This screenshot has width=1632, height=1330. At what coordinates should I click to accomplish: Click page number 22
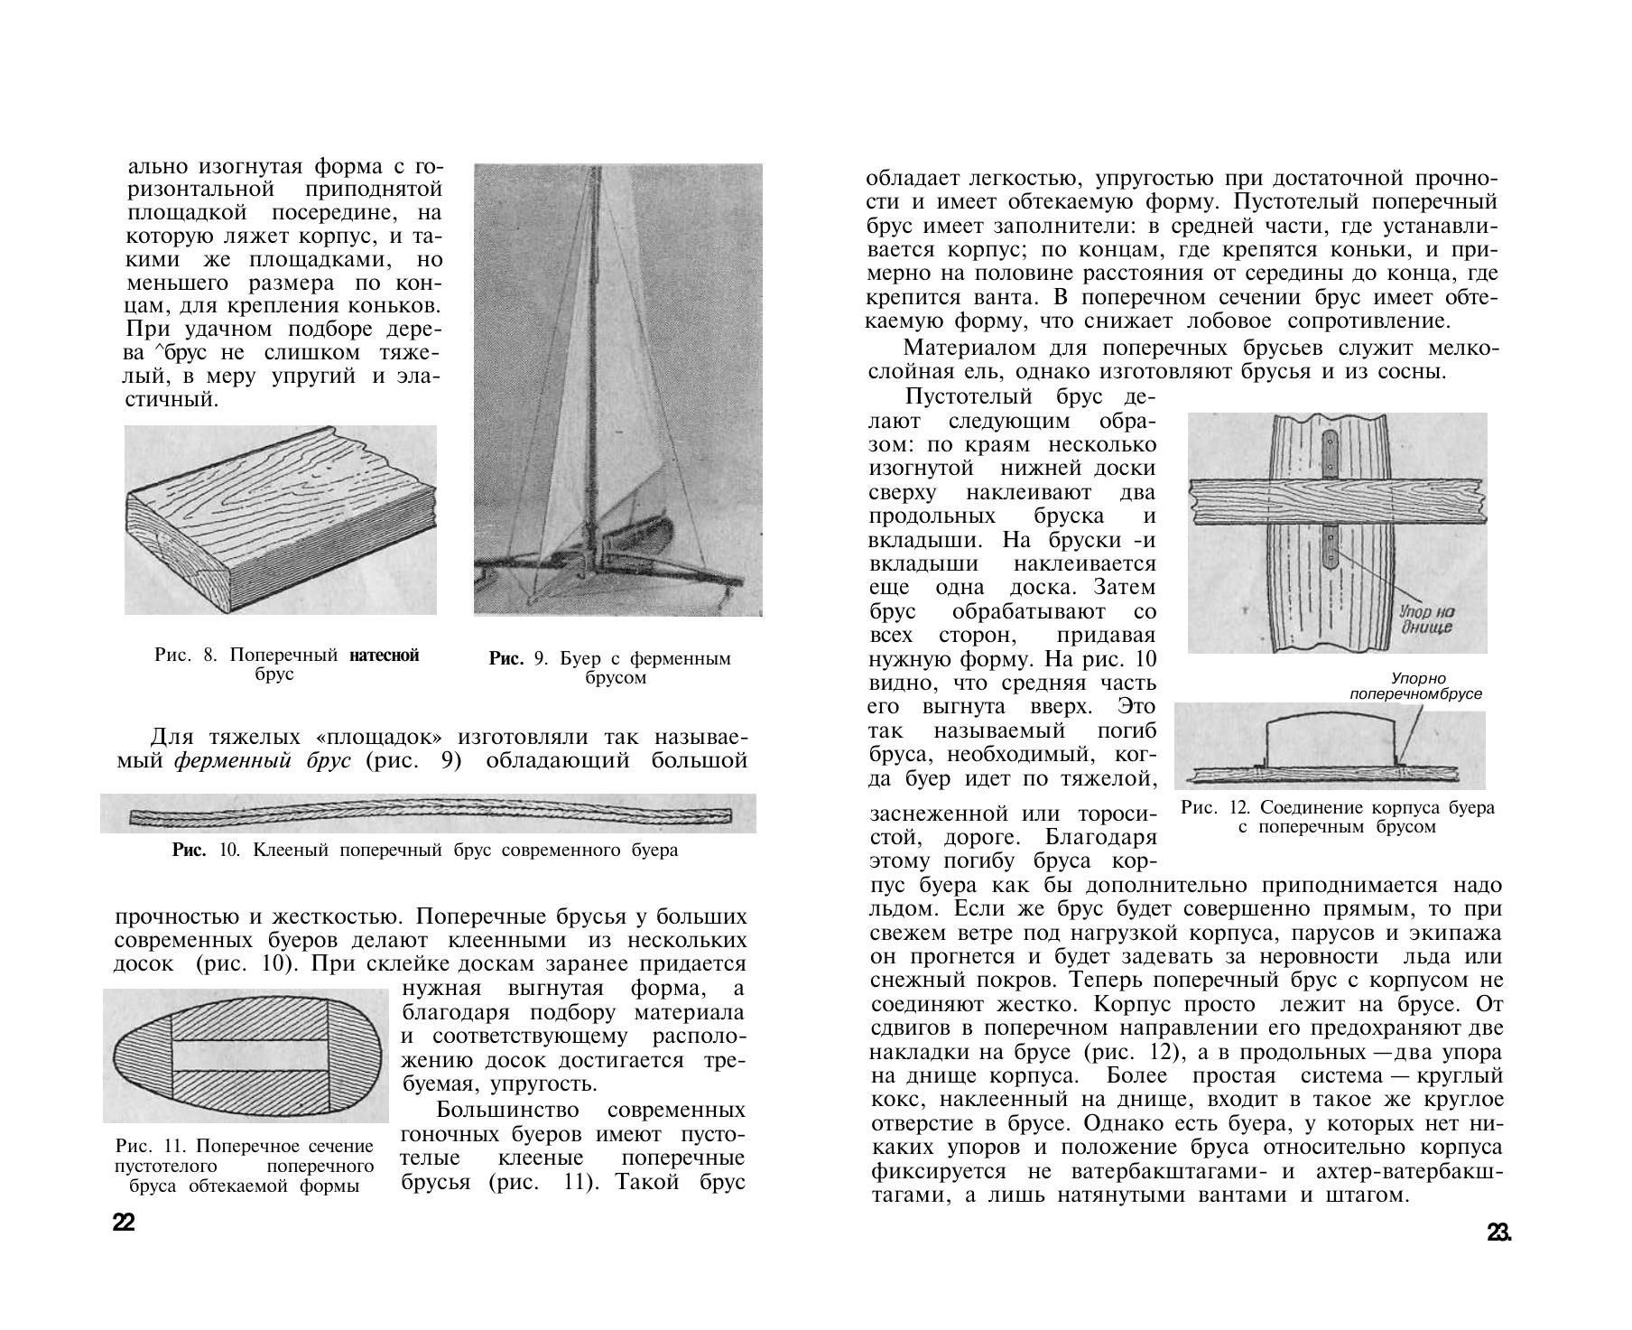pyautogui.click(x=124, y=1224)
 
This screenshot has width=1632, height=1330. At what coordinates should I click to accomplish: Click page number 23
pyautogui.click(x=1498, y=1233)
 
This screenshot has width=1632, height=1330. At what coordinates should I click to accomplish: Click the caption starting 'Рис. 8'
pyautogui.click(x=286, y=665)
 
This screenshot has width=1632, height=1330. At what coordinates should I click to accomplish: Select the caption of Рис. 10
pyautogui.click(x=425, y=851)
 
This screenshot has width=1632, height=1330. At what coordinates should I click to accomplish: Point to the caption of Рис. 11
pyautogui.click(x=244, y=1166)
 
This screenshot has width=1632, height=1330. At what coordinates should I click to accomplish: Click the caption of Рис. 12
pyautogui.click(x=1337, y=817)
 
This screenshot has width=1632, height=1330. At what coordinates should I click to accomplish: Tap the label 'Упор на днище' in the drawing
pyautogui.click(x=1428, y=619)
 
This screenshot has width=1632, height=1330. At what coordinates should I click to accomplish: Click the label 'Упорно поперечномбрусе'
pyautogui.click(x=1415, y=686)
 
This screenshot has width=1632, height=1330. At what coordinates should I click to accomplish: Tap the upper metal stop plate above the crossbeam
pyautogui.click(x=1331, y=454)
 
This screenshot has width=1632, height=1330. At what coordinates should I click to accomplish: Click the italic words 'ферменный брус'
pyautogui.click(x=262, y=760)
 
